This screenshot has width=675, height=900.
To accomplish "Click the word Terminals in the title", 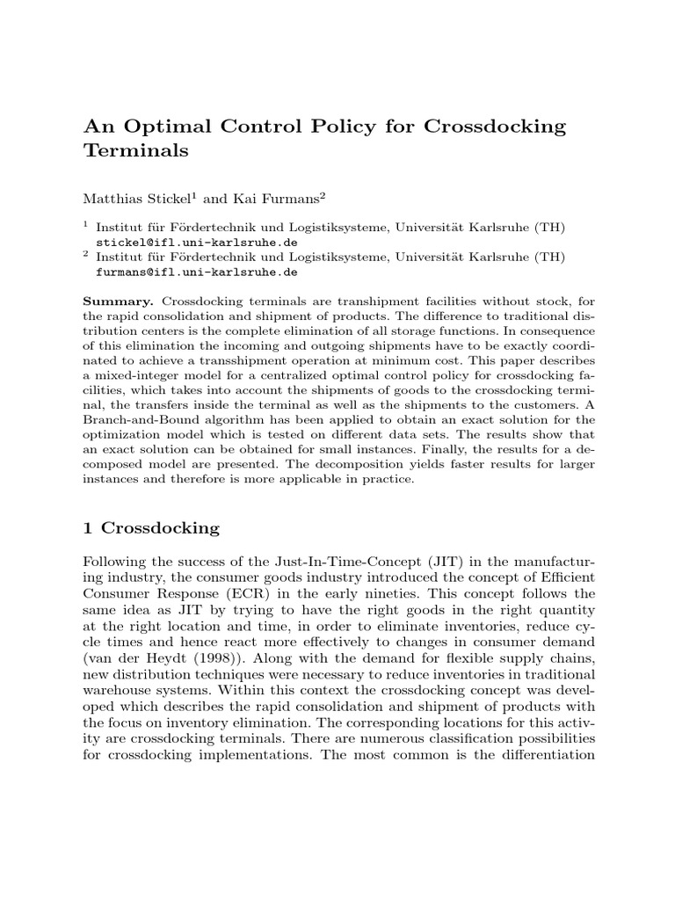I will (x=136, y=150).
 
